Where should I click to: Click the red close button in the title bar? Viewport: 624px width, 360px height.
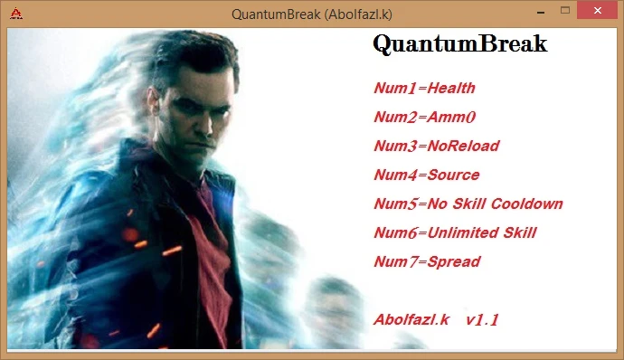[597, 11]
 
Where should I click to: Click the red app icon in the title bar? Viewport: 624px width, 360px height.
[17, 13]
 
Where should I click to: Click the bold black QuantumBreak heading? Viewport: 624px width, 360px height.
[459, 44]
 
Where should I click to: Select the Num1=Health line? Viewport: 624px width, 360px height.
[424, 89]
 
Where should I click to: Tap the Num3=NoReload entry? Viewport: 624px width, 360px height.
[436, 147]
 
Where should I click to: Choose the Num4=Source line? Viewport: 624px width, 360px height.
[427, 175]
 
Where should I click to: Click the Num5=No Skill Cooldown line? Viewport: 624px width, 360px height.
[468, 204]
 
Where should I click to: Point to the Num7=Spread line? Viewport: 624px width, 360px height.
[427, 262]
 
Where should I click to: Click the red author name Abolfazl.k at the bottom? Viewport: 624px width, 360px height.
[411, 320]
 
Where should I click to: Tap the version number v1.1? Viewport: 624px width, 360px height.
[483, 320]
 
